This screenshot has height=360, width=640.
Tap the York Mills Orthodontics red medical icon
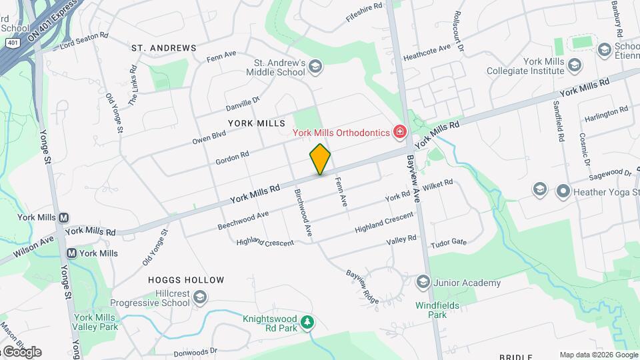click(x=399, y=133)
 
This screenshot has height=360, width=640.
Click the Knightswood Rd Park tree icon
click(x=307, y=323)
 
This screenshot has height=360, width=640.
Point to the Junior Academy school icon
click(x=422, y=283)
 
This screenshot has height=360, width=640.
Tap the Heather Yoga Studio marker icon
click(x=563, y=191)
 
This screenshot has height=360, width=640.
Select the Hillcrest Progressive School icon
click(x=201, y=297)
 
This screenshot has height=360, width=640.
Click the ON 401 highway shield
click(x=12, y=42)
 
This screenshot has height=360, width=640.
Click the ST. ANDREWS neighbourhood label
click(x=164, y=48)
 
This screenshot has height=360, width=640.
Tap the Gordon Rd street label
click(x=232, y=158)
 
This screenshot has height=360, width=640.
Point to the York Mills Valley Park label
click(x=96, y=323)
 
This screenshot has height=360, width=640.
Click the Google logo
click(x=21, y=351)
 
